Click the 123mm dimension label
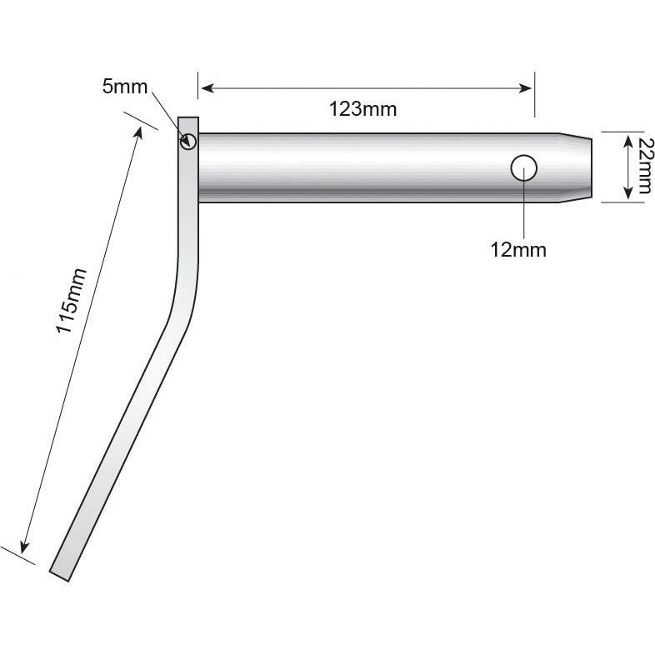coord(362,108)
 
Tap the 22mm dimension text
coord(642,166)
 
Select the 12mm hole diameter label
coord(518,249)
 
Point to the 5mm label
coord(125,86)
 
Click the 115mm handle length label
coord(70,301)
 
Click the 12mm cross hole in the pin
coord(523,168)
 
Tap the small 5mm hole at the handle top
coord(188,142)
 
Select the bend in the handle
coord(185,292)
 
